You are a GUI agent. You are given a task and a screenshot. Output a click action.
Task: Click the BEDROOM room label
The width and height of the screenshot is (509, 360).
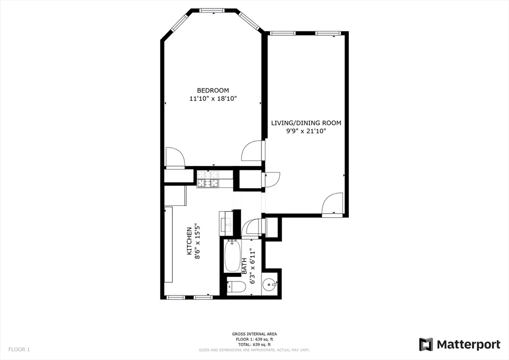coord(213,90)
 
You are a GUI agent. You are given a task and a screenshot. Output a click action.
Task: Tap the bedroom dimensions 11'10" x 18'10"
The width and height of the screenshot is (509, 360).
coord(213,98)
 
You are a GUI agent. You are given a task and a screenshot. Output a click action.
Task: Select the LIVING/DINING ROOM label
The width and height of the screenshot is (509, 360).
coord(306,122)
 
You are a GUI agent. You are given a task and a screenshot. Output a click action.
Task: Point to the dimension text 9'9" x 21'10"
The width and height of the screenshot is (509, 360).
coord(306,131)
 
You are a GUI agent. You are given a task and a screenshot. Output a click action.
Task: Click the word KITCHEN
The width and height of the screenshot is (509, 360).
coord(189,241)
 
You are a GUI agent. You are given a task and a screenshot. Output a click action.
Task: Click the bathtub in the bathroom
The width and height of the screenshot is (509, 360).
coord(232,256)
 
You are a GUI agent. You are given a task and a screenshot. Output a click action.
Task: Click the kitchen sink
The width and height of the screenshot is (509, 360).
coord(228,221)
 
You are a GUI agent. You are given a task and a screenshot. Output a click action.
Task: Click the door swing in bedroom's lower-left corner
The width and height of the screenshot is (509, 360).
coord(174,157)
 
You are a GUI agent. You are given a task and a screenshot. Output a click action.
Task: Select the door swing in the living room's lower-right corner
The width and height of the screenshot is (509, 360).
coord(332,203)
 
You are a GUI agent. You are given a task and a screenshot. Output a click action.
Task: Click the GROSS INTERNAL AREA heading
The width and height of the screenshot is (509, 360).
coord(254,334)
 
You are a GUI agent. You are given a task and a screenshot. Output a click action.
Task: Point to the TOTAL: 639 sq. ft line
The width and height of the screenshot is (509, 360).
coord(254,344)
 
